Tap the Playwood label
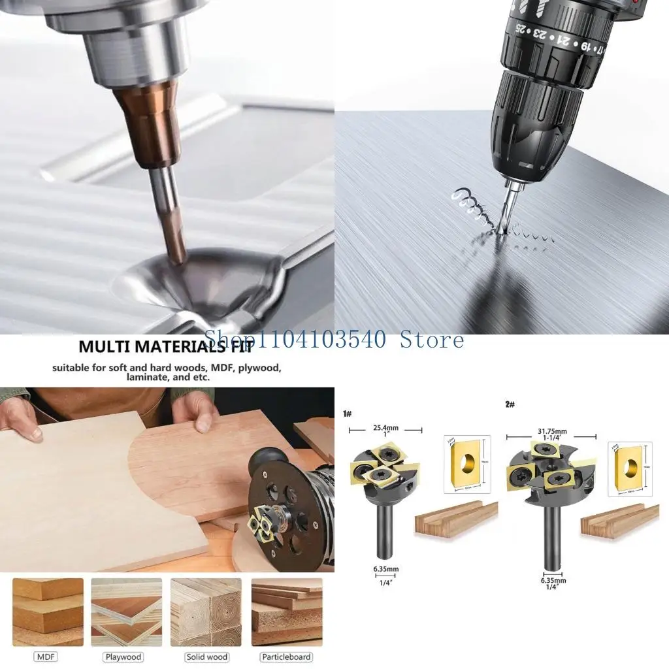point(123,657)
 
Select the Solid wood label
point(206,657)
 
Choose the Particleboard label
point(286,657)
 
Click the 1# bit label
point(348,414)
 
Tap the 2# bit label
point(510,404)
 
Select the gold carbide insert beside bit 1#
point(466,464)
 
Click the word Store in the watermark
point(431,340)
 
